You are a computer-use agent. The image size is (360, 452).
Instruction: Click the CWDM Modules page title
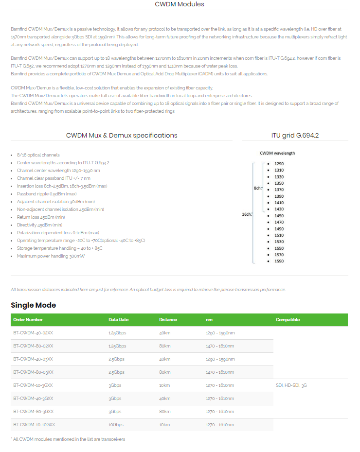pyautogui.click(x=180, y=4)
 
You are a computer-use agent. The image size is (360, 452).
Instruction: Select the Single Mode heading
pyautogui.click(x=33, y=305)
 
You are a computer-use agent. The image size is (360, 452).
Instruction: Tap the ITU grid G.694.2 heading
pyautogui.click(x=295, y=136)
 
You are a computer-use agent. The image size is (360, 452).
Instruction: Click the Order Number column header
pyautogui.click(x=28, y=320)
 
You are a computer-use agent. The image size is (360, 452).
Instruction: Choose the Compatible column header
pyautogui.click(x=288, y=320)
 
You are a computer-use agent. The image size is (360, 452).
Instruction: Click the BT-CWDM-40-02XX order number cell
pyautogui.click(x=33, y=333)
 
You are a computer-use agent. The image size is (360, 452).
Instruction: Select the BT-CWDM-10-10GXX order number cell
pyautogui.click(x=34, y=424)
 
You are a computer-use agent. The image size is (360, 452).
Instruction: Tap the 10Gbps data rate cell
pyautogui.click(x=116, y=424)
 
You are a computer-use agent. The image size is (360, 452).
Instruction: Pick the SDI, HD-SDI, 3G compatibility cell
pyautogui.click(x=291, y=385)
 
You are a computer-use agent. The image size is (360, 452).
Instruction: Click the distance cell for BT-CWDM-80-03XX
pyautogui.click(x=164, y=372)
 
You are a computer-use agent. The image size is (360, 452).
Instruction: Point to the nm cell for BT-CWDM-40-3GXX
pyautogui.click(x=220, y=398)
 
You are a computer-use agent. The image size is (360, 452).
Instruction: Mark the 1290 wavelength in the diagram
pyautogui.click(x=279, y=164)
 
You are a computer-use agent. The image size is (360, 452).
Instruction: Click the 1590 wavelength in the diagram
pyautogui.click(x=279, y=261)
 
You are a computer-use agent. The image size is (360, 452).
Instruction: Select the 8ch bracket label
pyautogui.click(x=257, y=188)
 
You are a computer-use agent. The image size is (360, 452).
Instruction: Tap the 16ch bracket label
pyautogui.click(x=247, y=214)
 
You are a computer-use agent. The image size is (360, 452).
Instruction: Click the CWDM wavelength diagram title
pyautogui.click(x=277, y=153)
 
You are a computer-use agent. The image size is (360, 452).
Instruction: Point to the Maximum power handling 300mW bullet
pyautogui.click(x=51, y=256)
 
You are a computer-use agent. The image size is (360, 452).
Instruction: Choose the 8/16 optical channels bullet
pyautogui.click(x=38, y=155)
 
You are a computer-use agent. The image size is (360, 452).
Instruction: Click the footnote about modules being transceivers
pyautogui.click(x=68, y=439)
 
